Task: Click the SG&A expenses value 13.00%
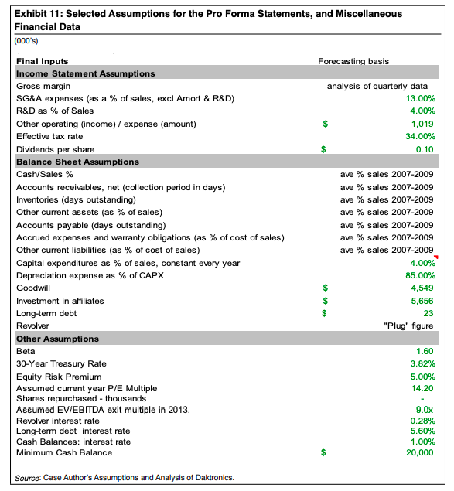(x=418, y=98)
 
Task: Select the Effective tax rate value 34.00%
(x=418, y=136)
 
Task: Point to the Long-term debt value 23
(x=428, y=313)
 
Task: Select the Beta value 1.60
(x=424, y=351)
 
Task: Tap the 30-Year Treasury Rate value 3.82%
(x=420, y=363)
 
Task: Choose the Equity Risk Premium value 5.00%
(x=420, y=377)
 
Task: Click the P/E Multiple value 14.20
(x=422, y=388)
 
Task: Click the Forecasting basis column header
(x=353, y=61)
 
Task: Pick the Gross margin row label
(x=43, y=86)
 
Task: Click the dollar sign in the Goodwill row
(x=326, y=288)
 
